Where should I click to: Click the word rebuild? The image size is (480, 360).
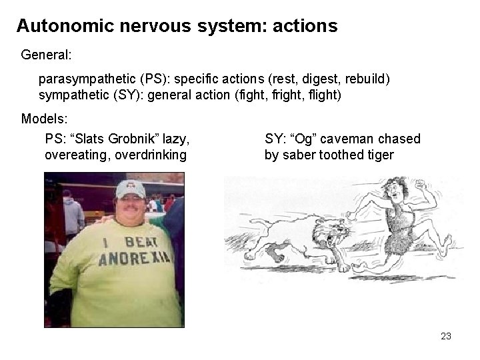click(368, 79)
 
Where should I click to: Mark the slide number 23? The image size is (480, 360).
click(446, 336)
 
